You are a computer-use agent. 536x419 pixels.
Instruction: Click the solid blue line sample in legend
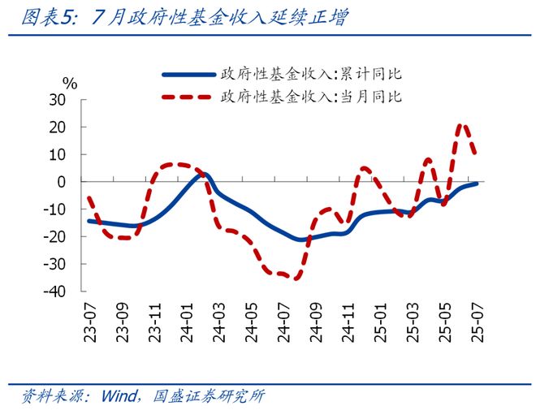click(188, 74)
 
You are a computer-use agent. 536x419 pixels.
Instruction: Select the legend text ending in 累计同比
click(309, 74)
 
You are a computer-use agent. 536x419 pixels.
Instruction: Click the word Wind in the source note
click(119, 397)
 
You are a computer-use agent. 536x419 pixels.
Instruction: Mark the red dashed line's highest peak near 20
click(462, 125)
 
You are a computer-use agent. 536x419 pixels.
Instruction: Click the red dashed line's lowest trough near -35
click(296, 278)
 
